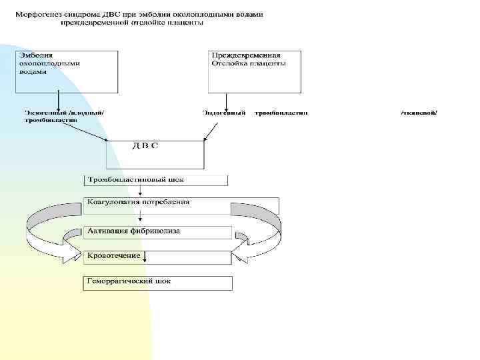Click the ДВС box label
point(145,145)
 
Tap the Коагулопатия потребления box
point(181,205)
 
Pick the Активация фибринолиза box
point(158,232)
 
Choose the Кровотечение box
point(158,257)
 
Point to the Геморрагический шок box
point(158,283)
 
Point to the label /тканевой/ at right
point(419,113)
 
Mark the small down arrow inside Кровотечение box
point(145,257)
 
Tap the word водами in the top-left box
point(33,71)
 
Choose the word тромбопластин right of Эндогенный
point(281,113)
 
